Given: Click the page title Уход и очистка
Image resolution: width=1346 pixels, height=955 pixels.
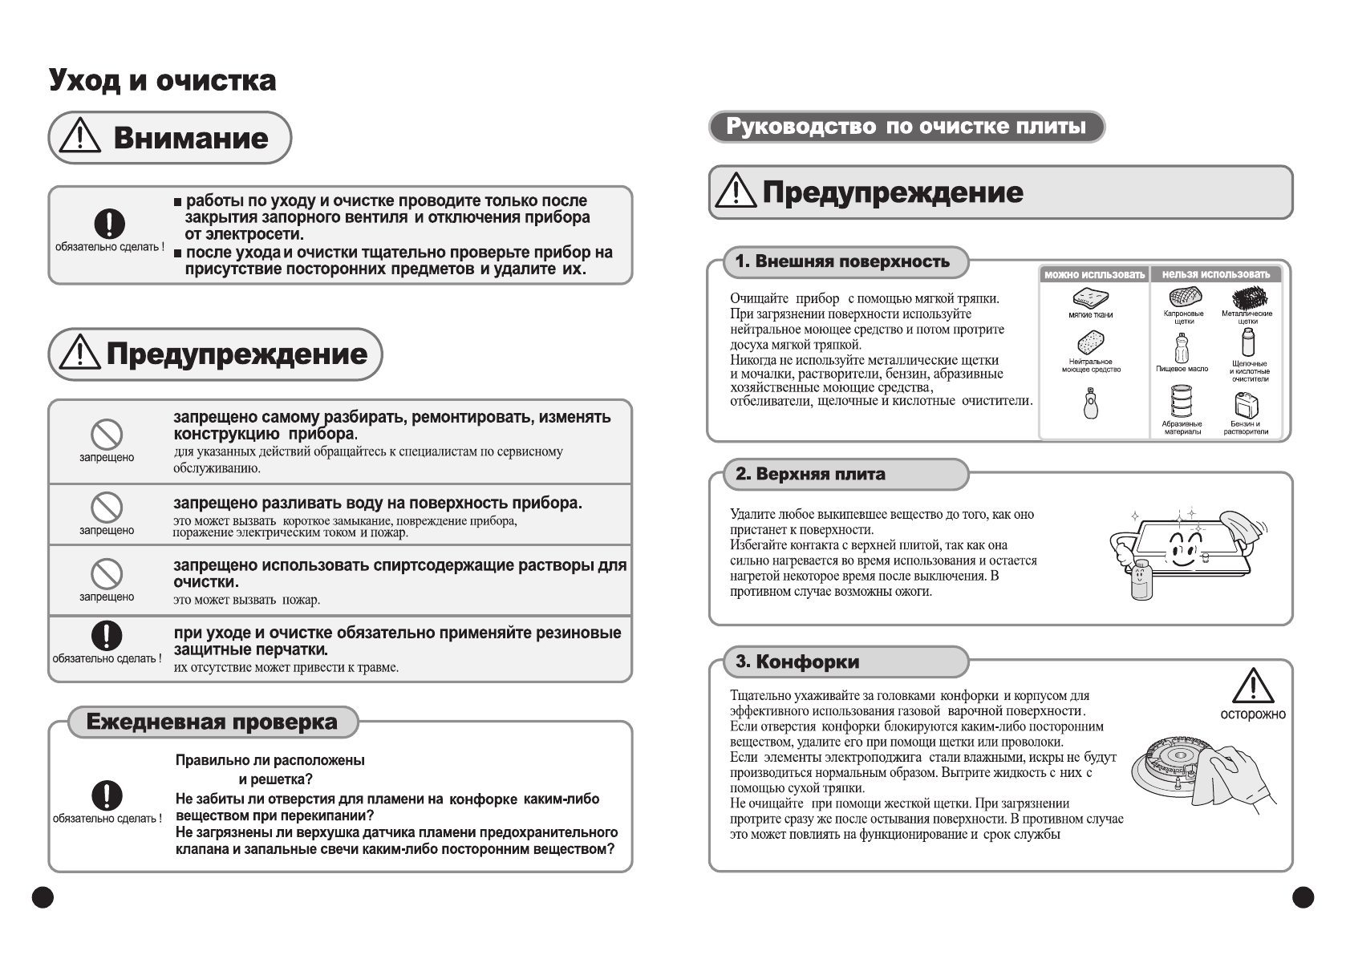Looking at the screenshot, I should point(163,80).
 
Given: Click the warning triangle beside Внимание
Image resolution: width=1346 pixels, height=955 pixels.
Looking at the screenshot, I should point(81,137).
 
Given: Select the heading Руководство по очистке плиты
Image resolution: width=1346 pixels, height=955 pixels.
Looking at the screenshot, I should point(906,127).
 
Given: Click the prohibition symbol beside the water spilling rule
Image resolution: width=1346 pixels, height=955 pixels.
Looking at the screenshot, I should point(106,508).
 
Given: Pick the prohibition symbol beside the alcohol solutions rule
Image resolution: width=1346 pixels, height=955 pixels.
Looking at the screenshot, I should point(106,575).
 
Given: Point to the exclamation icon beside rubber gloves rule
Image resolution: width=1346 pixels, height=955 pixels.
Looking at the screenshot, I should point(106,636).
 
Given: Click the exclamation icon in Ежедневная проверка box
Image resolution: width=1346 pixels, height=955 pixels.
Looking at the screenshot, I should point(106,795).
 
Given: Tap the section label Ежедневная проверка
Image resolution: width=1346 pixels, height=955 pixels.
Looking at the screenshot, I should point(212,722).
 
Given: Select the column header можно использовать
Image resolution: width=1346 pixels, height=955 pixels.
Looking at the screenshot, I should point(1094,274).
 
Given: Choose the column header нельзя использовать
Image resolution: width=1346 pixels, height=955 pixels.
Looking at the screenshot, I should point(1215,274).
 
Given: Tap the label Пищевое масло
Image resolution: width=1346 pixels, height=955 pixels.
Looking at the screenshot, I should point(1182,369).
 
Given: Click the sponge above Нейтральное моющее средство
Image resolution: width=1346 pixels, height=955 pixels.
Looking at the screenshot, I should point(1089,342).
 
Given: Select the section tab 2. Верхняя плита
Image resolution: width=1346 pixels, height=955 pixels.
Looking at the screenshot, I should point(810,474).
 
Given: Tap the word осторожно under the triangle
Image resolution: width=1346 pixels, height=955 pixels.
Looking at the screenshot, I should point(1252,714).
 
